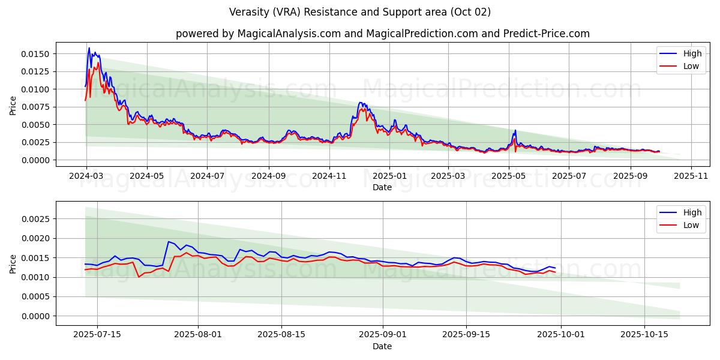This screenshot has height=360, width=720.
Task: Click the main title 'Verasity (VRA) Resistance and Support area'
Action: pos(359,12)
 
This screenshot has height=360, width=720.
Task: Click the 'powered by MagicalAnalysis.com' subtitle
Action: pos(382,34)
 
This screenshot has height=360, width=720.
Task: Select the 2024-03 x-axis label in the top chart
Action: pos(86,176)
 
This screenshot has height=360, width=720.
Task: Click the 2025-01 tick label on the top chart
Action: pos(389,176)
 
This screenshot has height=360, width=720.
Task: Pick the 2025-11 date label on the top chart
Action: pos(691,176)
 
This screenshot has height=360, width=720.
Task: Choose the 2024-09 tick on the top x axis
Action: pos(268,176)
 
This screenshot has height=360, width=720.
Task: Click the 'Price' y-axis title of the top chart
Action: pos(13,106)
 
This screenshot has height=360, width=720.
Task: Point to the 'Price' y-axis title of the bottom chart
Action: pos(13,263)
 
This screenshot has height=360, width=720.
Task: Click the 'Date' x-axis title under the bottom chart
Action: pos(382,346)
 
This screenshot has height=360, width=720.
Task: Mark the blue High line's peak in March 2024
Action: pos(89,48)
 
